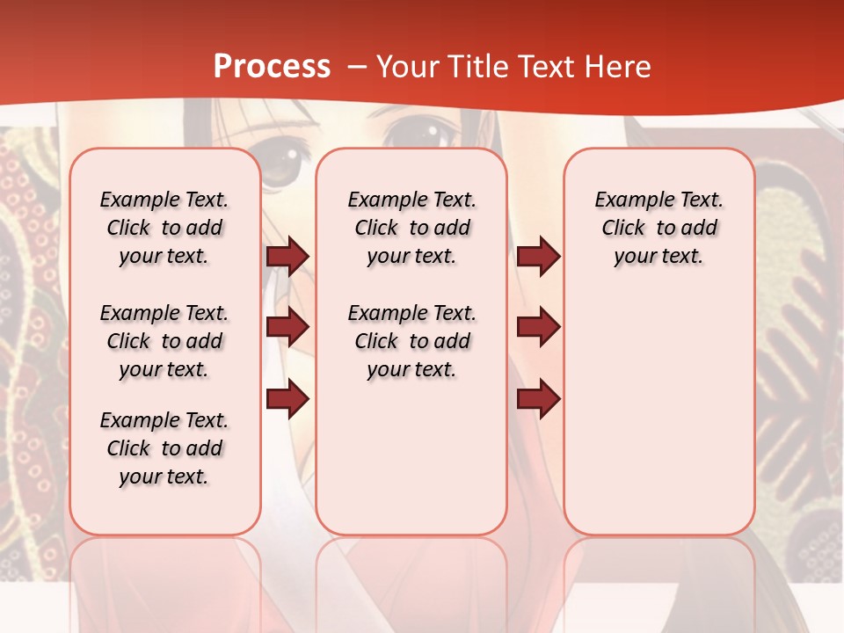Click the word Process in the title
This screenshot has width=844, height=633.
coord(272,67)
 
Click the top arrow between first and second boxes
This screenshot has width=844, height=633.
coord(287,257)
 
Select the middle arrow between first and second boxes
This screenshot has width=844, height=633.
coord(287,327)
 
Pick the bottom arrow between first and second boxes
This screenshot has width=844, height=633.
coord(287,399)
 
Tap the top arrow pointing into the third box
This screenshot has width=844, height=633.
coord(538,257)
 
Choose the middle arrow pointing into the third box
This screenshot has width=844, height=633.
coord(538,327)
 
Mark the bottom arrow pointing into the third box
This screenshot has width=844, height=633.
coord(538,399)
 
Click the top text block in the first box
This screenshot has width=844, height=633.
coord(164,228)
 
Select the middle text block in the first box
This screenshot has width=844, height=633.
coord(164,341)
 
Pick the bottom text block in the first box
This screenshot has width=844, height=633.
coord(164,448)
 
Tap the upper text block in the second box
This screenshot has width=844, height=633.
coord(411,228)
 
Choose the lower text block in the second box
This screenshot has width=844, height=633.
coord(411,341)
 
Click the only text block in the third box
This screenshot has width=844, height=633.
coord(658,228)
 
